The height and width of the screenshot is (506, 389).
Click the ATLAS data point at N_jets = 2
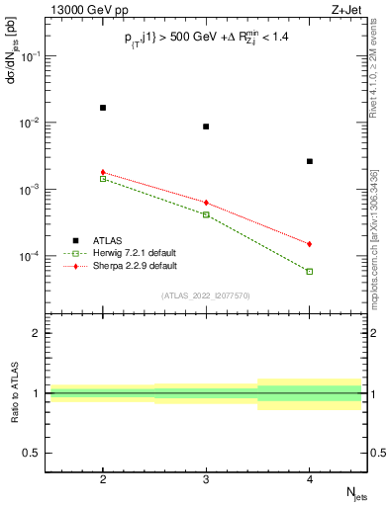click(x=103, y=108)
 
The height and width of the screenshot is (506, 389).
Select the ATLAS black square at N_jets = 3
click(x=206, y=126)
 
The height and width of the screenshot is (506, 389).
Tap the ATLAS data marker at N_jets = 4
click(x=310, y=161)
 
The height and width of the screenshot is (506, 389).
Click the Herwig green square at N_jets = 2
click(x=103, y=179)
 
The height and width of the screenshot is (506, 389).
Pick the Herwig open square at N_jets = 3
click(x=206, y=214)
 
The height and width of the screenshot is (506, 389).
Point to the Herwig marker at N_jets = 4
click(x=310, y=271)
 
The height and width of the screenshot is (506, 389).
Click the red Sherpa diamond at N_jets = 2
click(x=103, y=172)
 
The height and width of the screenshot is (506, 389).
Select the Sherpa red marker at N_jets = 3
click(x=206, y=203)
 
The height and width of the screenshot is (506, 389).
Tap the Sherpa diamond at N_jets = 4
click(x=310, y=244)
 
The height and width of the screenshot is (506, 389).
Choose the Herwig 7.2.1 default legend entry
click(x=136, y=253)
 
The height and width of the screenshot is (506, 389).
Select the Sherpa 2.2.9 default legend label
click(x=137, y=266)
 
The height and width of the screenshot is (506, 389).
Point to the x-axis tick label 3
click(x=206, y=477)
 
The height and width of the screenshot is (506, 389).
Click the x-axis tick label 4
click(x=310, y=477)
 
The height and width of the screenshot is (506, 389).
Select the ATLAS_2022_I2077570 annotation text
click(x=206, y=295)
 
